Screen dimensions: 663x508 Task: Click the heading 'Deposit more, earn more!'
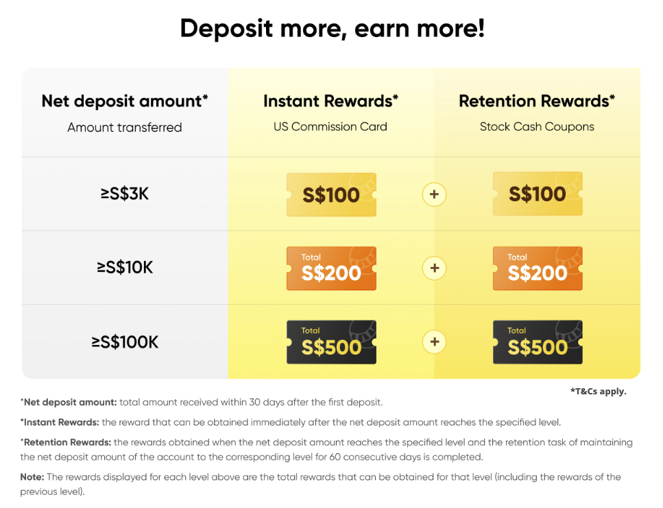point(332,29)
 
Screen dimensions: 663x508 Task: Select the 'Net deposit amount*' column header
point(125,101)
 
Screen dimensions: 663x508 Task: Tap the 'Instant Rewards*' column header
point(330,101)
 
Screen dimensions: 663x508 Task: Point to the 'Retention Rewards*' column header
point(537,101)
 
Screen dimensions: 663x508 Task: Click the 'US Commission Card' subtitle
point(330,127)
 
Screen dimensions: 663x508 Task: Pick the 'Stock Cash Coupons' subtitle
point(537,127)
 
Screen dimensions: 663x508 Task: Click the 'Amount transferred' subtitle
point(125,127)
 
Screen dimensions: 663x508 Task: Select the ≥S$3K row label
point(125,194)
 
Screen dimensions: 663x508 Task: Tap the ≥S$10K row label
point(125,267)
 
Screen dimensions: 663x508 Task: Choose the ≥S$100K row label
point(125,342)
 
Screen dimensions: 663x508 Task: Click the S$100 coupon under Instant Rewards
point(332,194)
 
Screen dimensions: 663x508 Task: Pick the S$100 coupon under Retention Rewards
point(538,194)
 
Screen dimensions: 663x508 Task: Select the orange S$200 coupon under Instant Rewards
point(332,268)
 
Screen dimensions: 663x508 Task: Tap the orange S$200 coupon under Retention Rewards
point(538,268)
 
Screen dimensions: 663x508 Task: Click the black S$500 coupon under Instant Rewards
point(332,342)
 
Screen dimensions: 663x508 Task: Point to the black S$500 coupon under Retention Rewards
point(538,342)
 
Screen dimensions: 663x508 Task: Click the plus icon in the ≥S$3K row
point(434,194)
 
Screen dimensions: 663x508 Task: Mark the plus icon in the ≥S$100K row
point(434,342)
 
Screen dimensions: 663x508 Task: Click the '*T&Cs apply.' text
point(599,392)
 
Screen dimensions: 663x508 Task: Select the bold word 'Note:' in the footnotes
point(32,477)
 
